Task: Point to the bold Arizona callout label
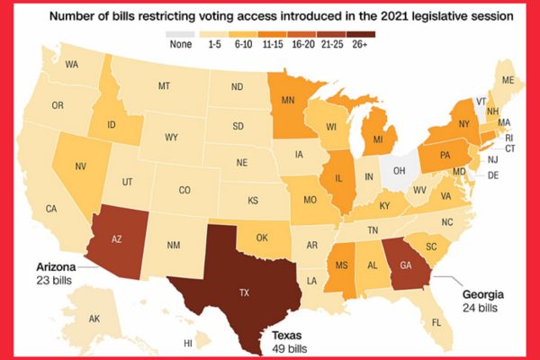point(55,267)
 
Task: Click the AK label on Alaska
point(94,319)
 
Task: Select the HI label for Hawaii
point(188,343)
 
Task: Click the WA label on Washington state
point(72,65)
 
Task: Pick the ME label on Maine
point(508,81)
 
